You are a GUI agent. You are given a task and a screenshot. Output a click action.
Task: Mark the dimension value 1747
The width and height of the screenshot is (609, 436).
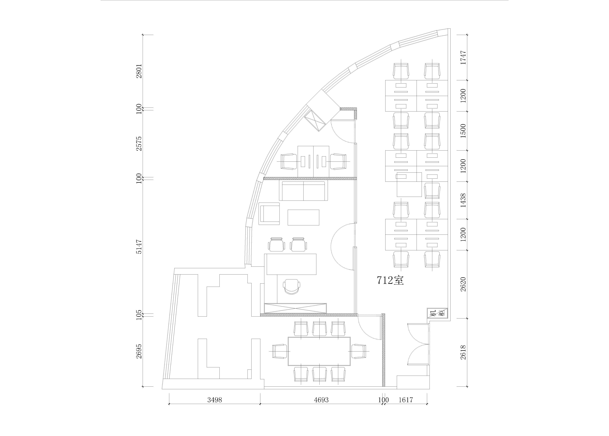463,57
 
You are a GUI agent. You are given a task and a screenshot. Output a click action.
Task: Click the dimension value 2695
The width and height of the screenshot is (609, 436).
139,351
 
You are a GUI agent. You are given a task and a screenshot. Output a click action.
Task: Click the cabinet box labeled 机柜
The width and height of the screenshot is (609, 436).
437,313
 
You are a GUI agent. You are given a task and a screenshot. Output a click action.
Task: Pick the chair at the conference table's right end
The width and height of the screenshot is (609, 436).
359,351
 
